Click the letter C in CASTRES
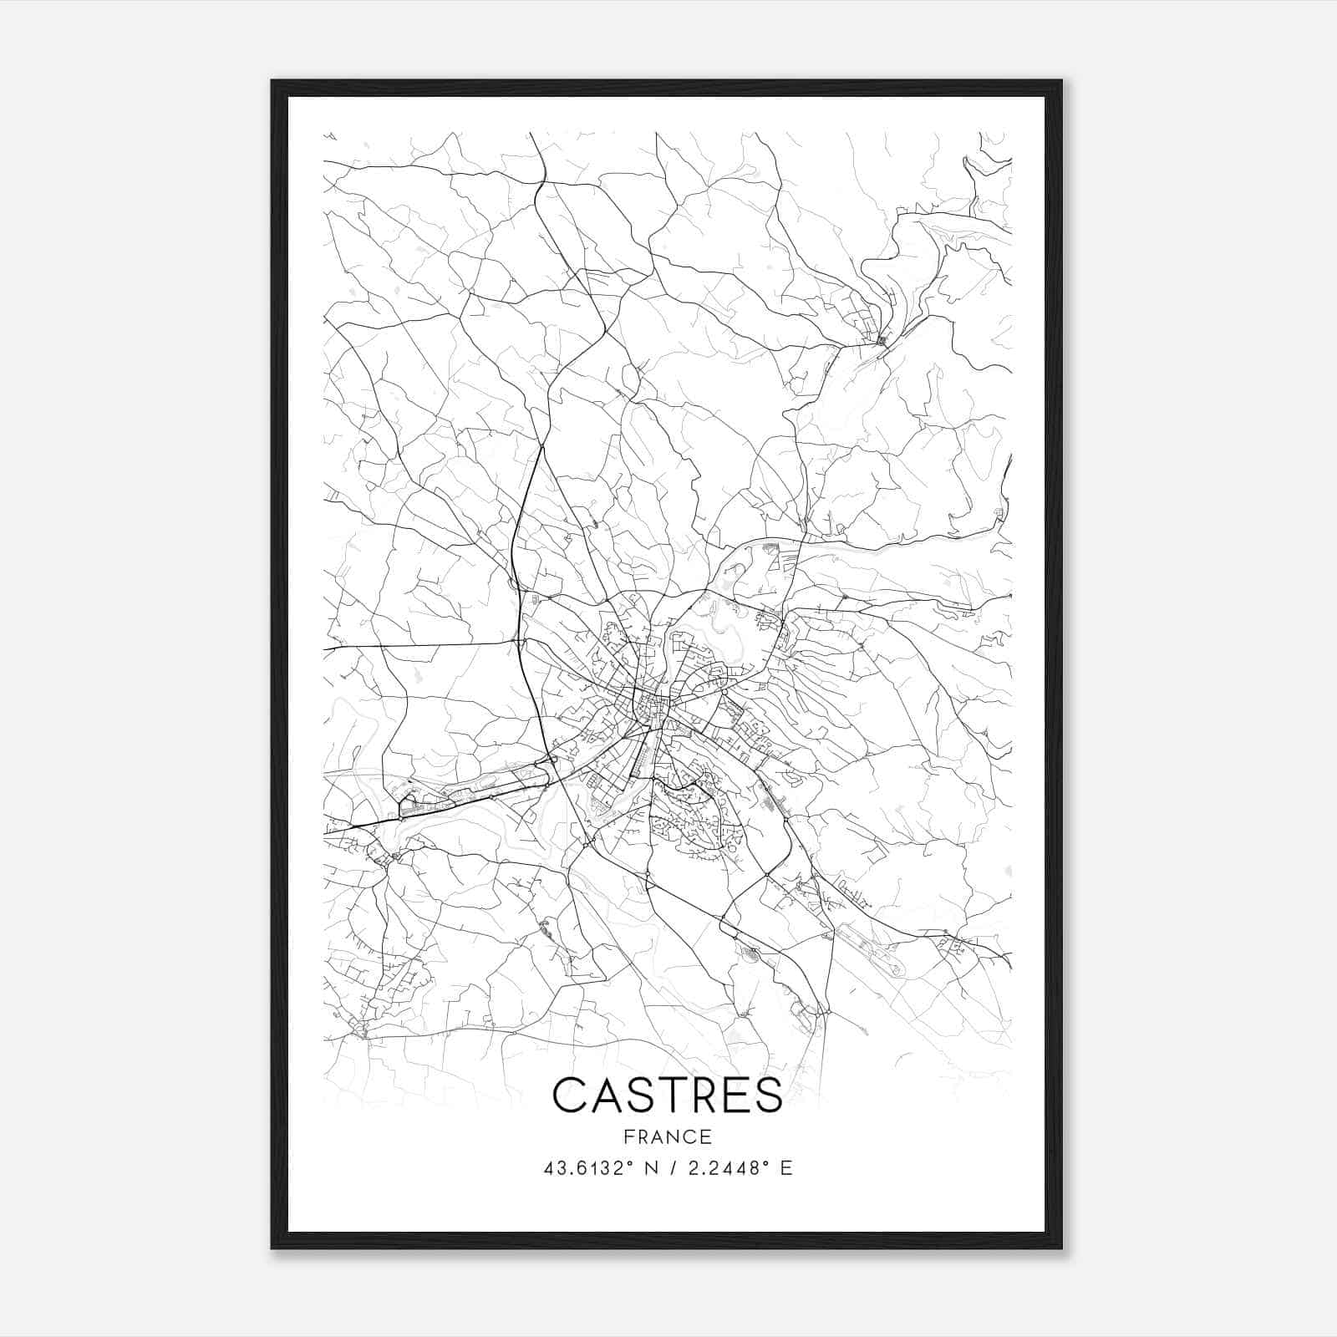(571, 1094)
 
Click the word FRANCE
(667, 1136)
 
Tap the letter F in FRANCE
(627, 1136)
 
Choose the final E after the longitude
(785, 1168)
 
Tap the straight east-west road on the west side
(418, 645)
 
